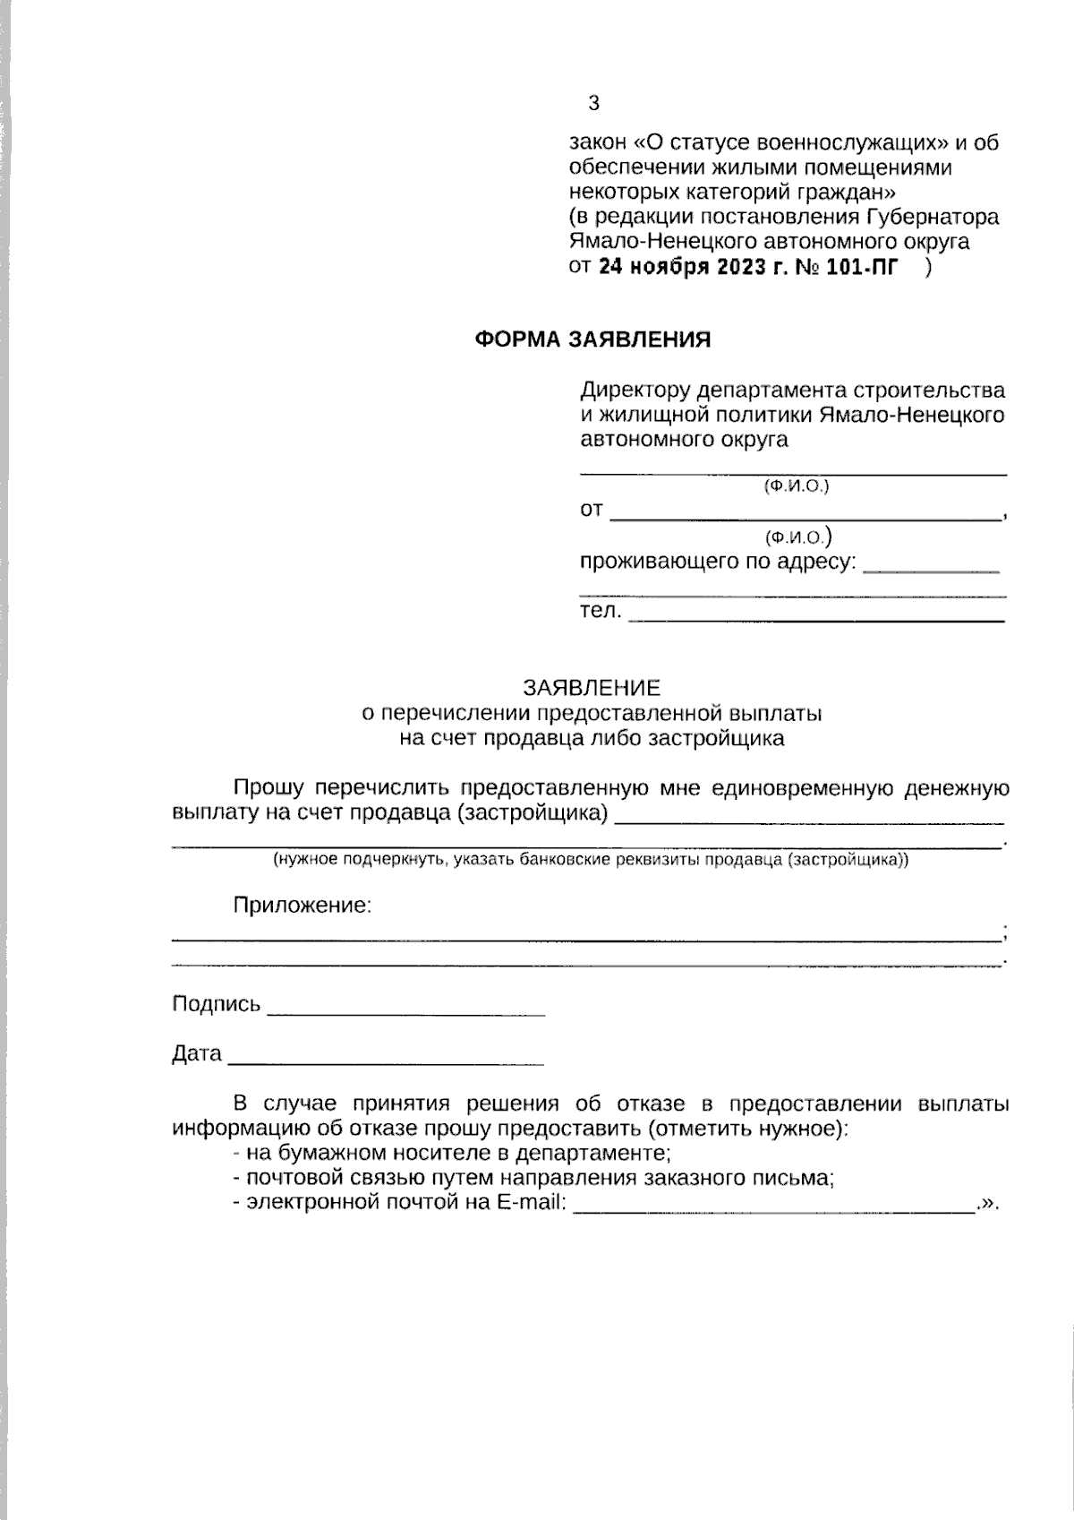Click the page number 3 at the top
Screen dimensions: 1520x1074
point(593,103)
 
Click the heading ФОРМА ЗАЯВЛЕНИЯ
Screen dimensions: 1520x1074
point(592,339)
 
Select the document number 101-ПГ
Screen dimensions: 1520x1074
point(859,267)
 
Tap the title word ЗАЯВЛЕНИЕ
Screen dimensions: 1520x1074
point(592,688)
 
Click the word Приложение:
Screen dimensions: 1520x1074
point(302,905)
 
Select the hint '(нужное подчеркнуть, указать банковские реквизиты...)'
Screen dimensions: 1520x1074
point(591,860)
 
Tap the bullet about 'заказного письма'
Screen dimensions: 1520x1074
point(533,1178)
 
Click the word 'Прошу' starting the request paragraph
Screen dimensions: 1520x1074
point(268,788)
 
